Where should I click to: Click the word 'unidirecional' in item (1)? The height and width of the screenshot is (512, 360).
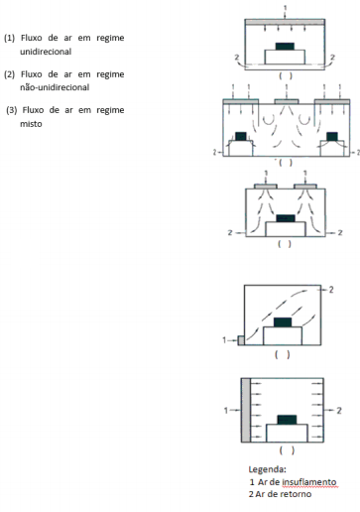(x=46, y=52)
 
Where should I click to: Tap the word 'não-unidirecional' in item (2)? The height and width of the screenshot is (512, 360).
(x=55, y=87)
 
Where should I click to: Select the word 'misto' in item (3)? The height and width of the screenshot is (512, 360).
(x=31, y=124)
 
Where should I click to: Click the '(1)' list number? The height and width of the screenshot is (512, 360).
(x=9, y=38)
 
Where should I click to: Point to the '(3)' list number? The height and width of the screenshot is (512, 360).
(x=12, y=110)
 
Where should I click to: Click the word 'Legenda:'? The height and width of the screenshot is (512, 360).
(x=267, y=469)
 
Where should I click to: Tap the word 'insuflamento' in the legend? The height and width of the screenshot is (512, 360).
(x=309, y=482)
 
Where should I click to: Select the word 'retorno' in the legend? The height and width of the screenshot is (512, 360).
(x=296, y=494)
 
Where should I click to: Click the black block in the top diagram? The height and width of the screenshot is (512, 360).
(x=285, y=47)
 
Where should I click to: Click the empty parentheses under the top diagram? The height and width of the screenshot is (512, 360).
(x=286, y=76)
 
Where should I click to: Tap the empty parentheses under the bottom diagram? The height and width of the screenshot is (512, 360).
(x=287, y=450)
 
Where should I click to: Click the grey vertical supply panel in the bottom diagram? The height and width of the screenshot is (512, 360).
(x=246, y=410)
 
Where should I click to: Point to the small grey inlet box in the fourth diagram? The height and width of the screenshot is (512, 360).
(x=241, y=340)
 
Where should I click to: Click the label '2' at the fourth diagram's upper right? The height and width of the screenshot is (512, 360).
(x=331, y=290)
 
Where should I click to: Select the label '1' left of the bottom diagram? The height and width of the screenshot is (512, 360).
(x=226, y=411)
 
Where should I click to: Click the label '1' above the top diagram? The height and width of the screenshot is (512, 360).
(x=286, y=8)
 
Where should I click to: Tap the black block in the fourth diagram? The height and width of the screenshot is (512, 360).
(x=283, y=322)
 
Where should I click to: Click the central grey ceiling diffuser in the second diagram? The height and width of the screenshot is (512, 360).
(x=287, y=101)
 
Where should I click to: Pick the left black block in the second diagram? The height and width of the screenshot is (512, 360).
(x=241, y=136)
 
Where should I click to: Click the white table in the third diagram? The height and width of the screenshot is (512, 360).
(x=286, y=229)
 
